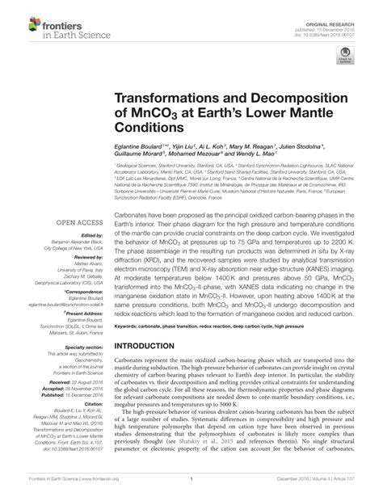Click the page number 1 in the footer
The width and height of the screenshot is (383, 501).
[191, 492]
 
